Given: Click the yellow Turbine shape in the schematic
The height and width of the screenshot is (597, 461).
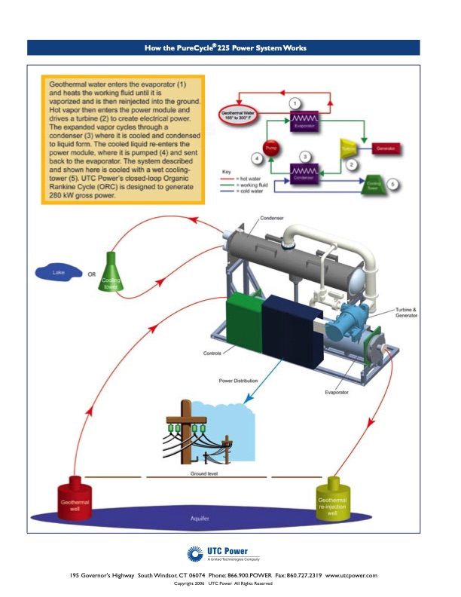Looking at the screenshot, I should pos(348,146).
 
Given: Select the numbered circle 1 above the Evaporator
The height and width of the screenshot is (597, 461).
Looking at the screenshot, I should pos(295,103).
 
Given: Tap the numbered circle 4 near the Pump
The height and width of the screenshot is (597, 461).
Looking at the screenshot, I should pos(256,159).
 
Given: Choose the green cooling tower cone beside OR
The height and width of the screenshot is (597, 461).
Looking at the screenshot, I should pos(111,274).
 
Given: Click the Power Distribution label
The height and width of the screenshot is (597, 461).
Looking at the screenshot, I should pos(238,381).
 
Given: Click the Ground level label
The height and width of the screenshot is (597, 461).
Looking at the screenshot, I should pos(203,473).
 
